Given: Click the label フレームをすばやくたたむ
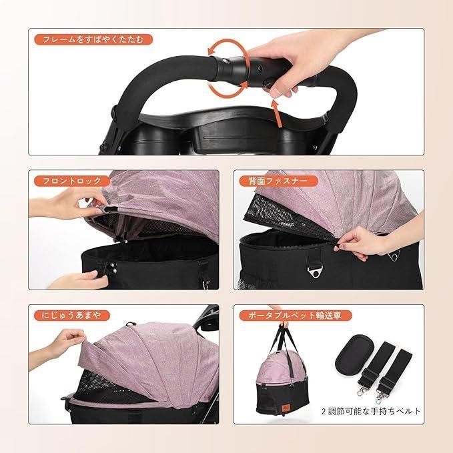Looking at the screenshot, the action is click(93, 39).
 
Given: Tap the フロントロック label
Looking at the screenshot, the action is click(72, 181).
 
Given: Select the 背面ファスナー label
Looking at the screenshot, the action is click(278, 181).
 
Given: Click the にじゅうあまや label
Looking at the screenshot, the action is click(71, 316).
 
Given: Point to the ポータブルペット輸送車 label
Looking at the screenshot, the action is click(296, 316).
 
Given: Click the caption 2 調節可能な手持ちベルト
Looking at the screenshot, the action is click(371, 411).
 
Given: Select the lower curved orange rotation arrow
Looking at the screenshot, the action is click(228, 88).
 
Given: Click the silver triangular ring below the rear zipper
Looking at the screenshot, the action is click(314, 272).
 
